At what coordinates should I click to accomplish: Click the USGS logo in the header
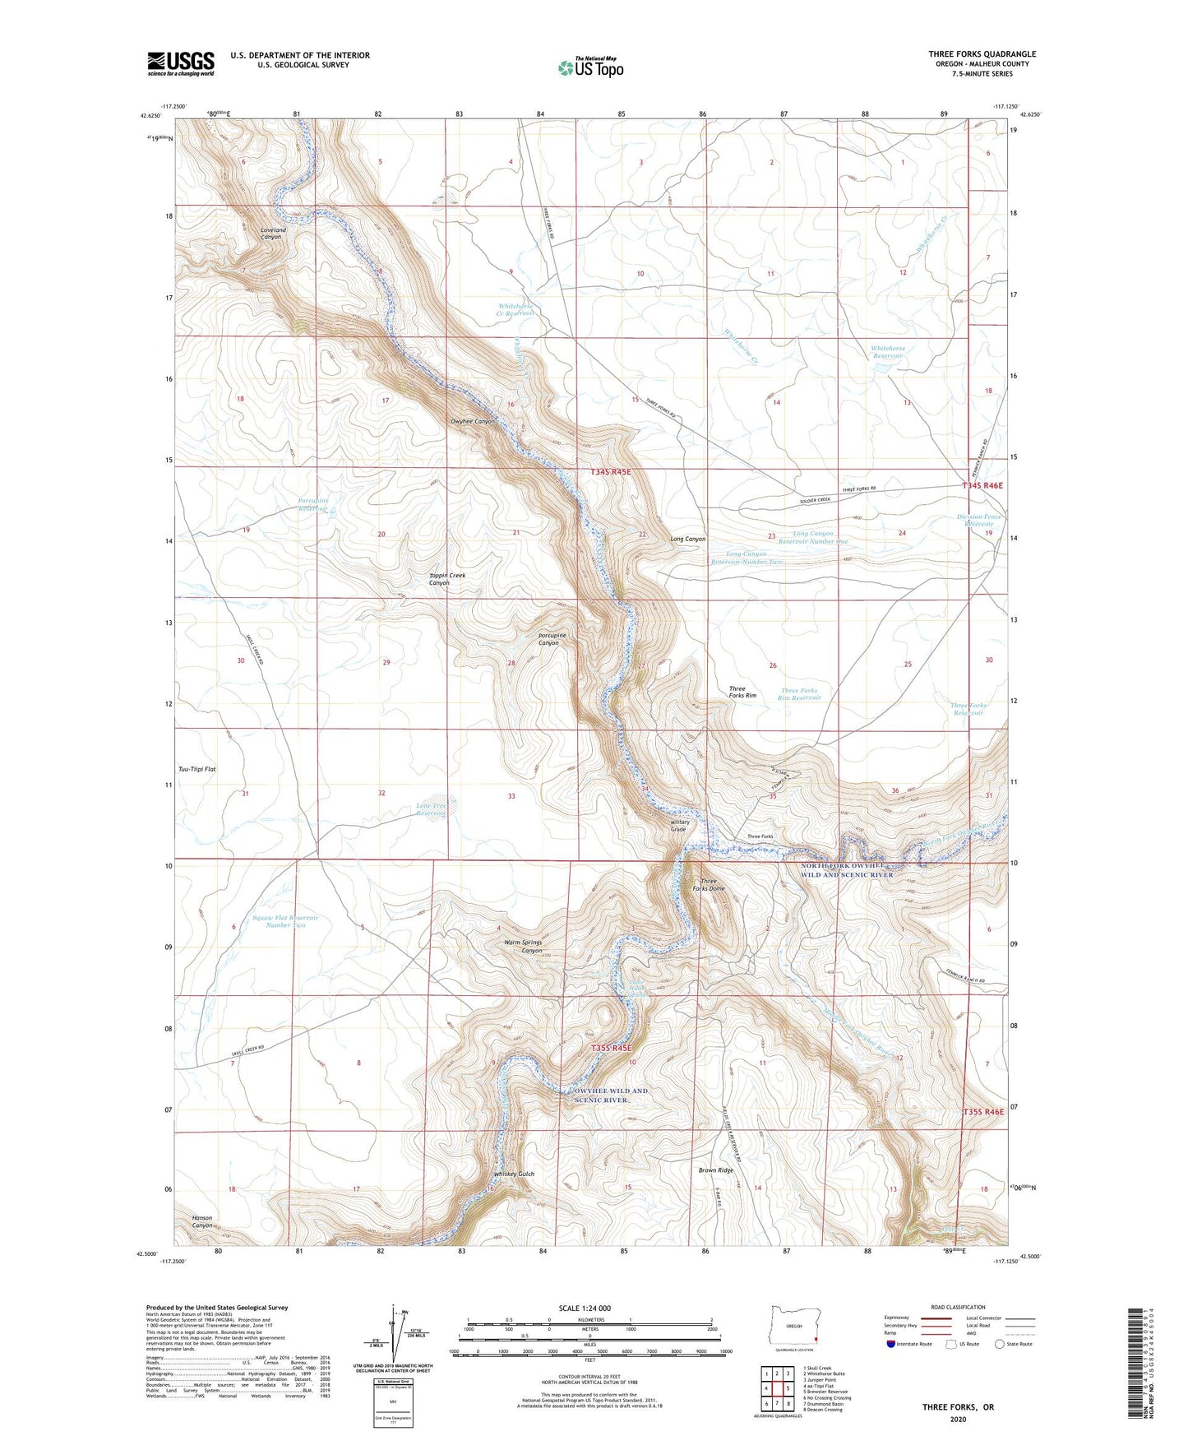[181, 63]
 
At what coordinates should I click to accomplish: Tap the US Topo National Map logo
[590, 67]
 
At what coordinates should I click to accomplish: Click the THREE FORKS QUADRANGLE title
[982, 54]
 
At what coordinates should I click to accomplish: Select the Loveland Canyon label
[272, 234]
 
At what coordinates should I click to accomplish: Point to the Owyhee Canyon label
[473, 422]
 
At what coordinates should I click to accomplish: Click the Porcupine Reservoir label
[313, 505]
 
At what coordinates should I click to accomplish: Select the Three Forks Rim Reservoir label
[800, 694]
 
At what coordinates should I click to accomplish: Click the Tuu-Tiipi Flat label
[197, 769]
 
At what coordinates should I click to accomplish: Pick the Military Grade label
[679, 826]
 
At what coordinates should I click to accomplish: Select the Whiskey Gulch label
[514, 1174]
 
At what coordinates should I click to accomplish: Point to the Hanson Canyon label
[202, 1221]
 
